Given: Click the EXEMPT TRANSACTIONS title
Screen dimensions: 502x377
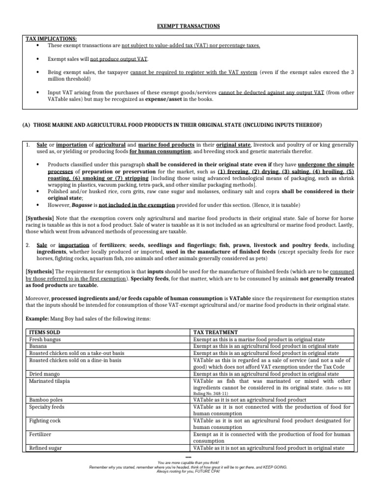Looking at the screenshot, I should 188,25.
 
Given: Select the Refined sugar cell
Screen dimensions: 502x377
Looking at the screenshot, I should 46,448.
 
